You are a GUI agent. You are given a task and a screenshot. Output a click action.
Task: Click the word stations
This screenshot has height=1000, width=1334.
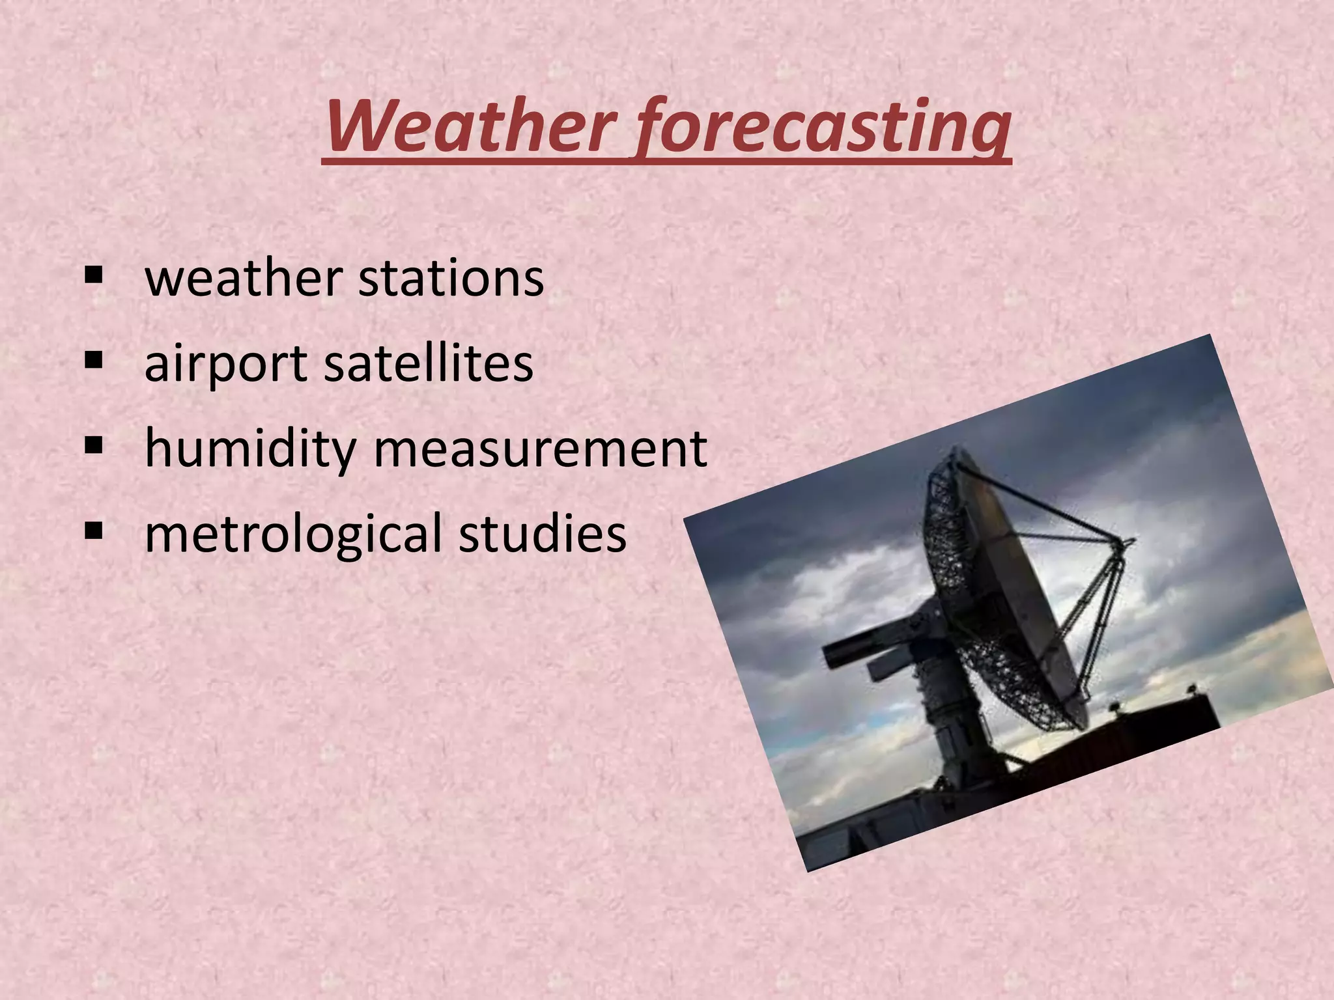451,279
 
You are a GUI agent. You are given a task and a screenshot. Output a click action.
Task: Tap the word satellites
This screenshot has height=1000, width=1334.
429,363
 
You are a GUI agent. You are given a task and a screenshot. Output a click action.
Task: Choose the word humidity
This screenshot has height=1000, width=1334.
250,449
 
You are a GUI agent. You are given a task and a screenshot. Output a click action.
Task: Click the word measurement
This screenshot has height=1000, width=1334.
540,449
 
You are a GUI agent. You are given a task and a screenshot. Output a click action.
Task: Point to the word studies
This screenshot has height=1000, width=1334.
542,533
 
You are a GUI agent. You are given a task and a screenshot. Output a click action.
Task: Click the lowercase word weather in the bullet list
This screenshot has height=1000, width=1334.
244,279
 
